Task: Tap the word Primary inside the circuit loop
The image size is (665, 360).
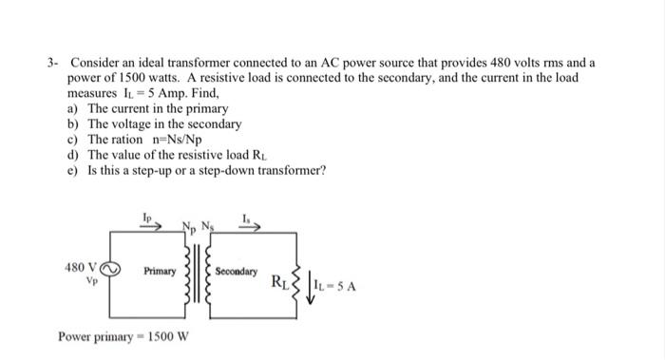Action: tap(160, 272)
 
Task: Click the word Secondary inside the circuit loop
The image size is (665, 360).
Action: tap(237, 272)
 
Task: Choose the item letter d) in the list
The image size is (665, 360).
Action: tap(73, 155)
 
